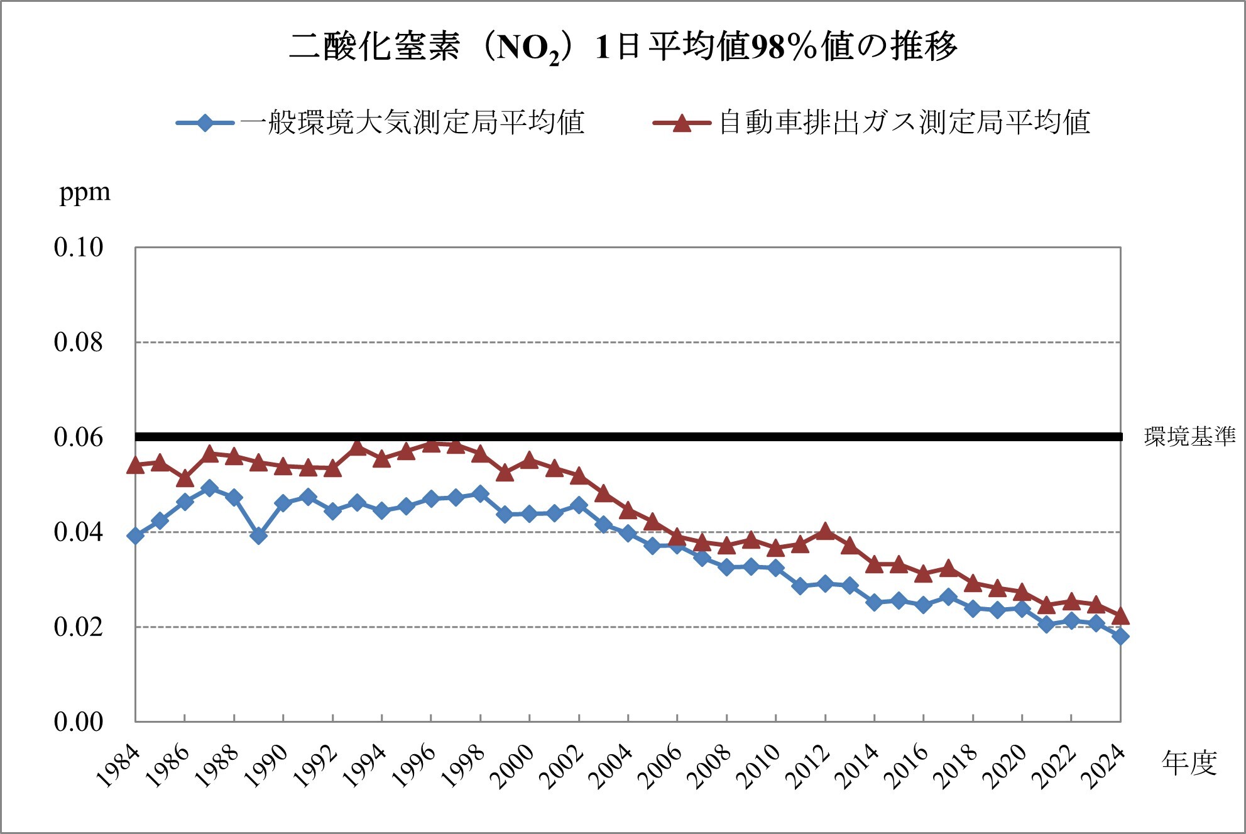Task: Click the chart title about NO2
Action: click(623, 47)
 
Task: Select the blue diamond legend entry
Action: click(381, 122)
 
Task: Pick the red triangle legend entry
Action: click(872, 122)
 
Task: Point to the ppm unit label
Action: click(84, 192)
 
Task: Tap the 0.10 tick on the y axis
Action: click(79, 248)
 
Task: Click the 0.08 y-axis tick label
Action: click(79, 343)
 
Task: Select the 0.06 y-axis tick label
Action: click(79, 437)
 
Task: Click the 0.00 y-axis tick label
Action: click(79, 722)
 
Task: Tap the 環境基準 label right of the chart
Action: click(1189, 437)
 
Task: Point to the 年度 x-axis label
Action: click(1189, 762)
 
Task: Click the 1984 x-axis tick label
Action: click(119, 767)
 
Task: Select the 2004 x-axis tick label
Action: click(611, 767)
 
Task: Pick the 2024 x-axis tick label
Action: click(1104, 767)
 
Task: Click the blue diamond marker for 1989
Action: click(258, 535)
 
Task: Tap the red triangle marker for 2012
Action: click(825, 532)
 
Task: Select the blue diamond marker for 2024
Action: click(1120, 636)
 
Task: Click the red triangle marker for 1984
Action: click(135, 465)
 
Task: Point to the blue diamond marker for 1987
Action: click(209, 488)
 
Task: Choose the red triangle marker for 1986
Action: click(185, 479)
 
